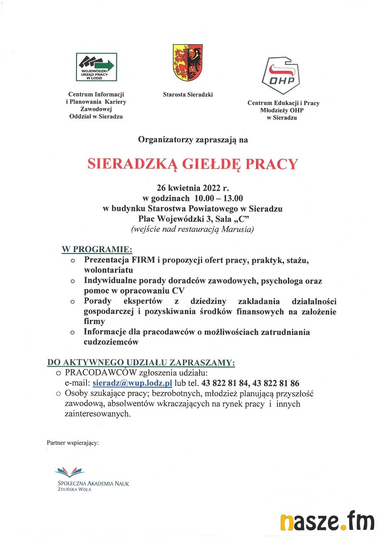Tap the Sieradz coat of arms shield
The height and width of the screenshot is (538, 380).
(188, 62)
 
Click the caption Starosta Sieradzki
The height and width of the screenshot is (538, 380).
(188, 95)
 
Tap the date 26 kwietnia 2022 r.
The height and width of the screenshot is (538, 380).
(193, 187)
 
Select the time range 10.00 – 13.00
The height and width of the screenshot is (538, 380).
(218, 198)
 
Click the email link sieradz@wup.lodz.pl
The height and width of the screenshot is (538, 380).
(132, 383)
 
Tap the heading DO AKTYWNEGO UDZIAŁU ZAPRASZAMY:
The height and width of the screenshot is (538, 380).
(141, 362)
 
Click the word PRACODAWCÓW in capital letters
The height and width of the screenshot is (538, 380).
(101, 372)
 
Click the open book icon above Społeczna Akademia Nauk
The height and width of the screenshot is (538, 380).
(70, 472)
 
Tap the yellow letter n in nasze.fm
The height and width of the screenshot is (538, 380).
(286, 522)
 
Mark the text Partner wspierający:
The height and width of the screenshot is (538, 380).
(73, 442)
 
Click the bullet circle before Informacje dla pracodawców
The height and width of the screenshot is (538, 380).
(73, 333)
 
